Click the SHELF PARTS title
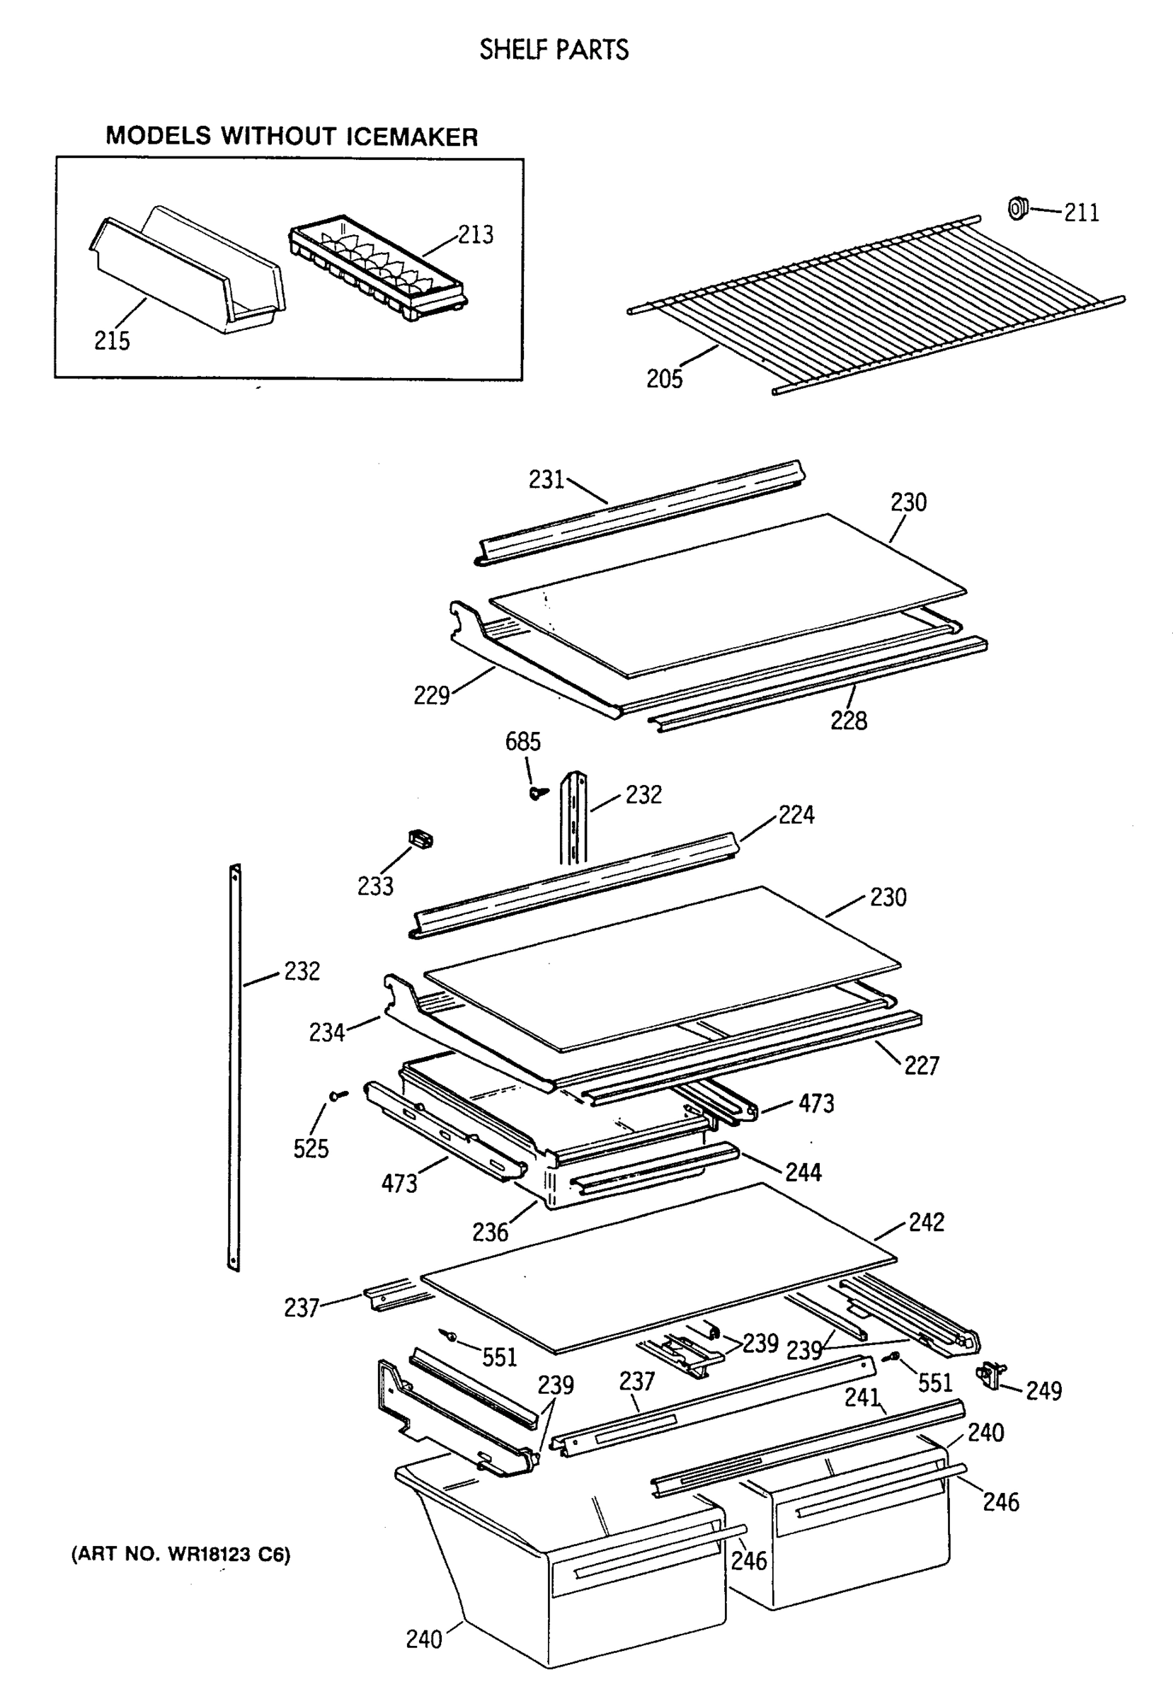(x=554, y=50)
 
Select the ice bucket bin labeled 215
(x=188, y=275)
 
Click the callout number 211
(x=1081, y=213)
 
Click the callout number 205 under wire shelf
(x=664, y=379)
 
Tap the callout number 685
(x=522, y=742)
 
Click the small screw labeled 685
(x=538, y=792)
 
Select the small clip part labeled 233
(x=420, y=837)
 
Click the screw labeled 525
(x=338, y=1096)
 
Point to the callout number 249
(x=1043, y=1391)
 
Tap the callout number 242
(x=926, y=1222)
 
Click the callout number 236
(x=489, y=1232)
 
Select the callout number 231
(x=546, y=480)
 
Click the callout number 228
(x=848, y=721)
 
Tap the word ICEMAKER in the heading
(x=411, y=137)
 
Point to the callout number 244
(x=803, y=1172)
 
